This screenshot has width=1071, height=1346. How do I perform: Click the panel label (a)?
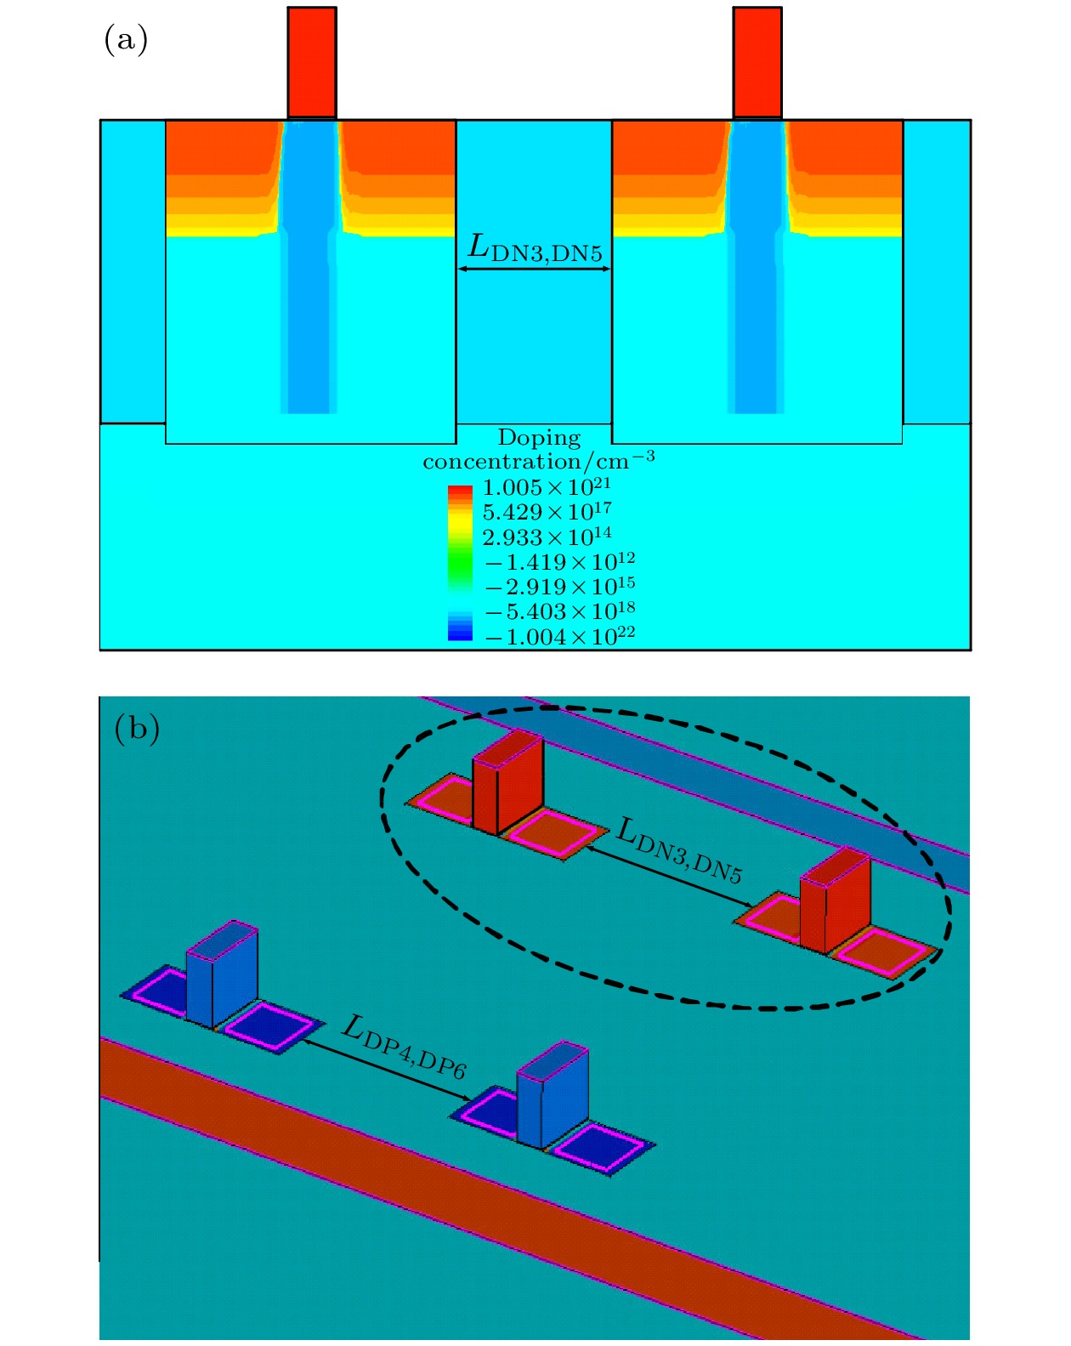point(126,41)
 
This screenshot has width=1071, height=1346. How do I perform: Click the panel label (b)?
point(137,729)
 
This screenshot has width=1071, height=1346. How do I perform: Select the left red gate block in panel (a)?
point(312,63)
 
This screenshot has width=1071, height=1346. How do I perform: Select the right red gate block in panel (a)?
point(757,63)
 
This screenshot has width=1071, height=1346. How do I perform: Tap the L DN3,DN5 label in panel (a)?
point(535,247)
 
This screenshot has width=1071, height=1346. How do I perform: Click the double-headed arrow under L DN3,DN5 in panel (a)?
point(534,269)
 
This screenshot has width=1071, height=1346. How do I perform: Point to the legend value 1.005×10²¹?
point(547,487)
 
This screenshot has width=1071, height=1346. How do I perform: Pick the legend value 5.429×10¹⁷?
point(547,512)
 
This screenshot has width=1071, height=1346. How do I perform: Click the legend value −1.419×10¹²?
point(560,562)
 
